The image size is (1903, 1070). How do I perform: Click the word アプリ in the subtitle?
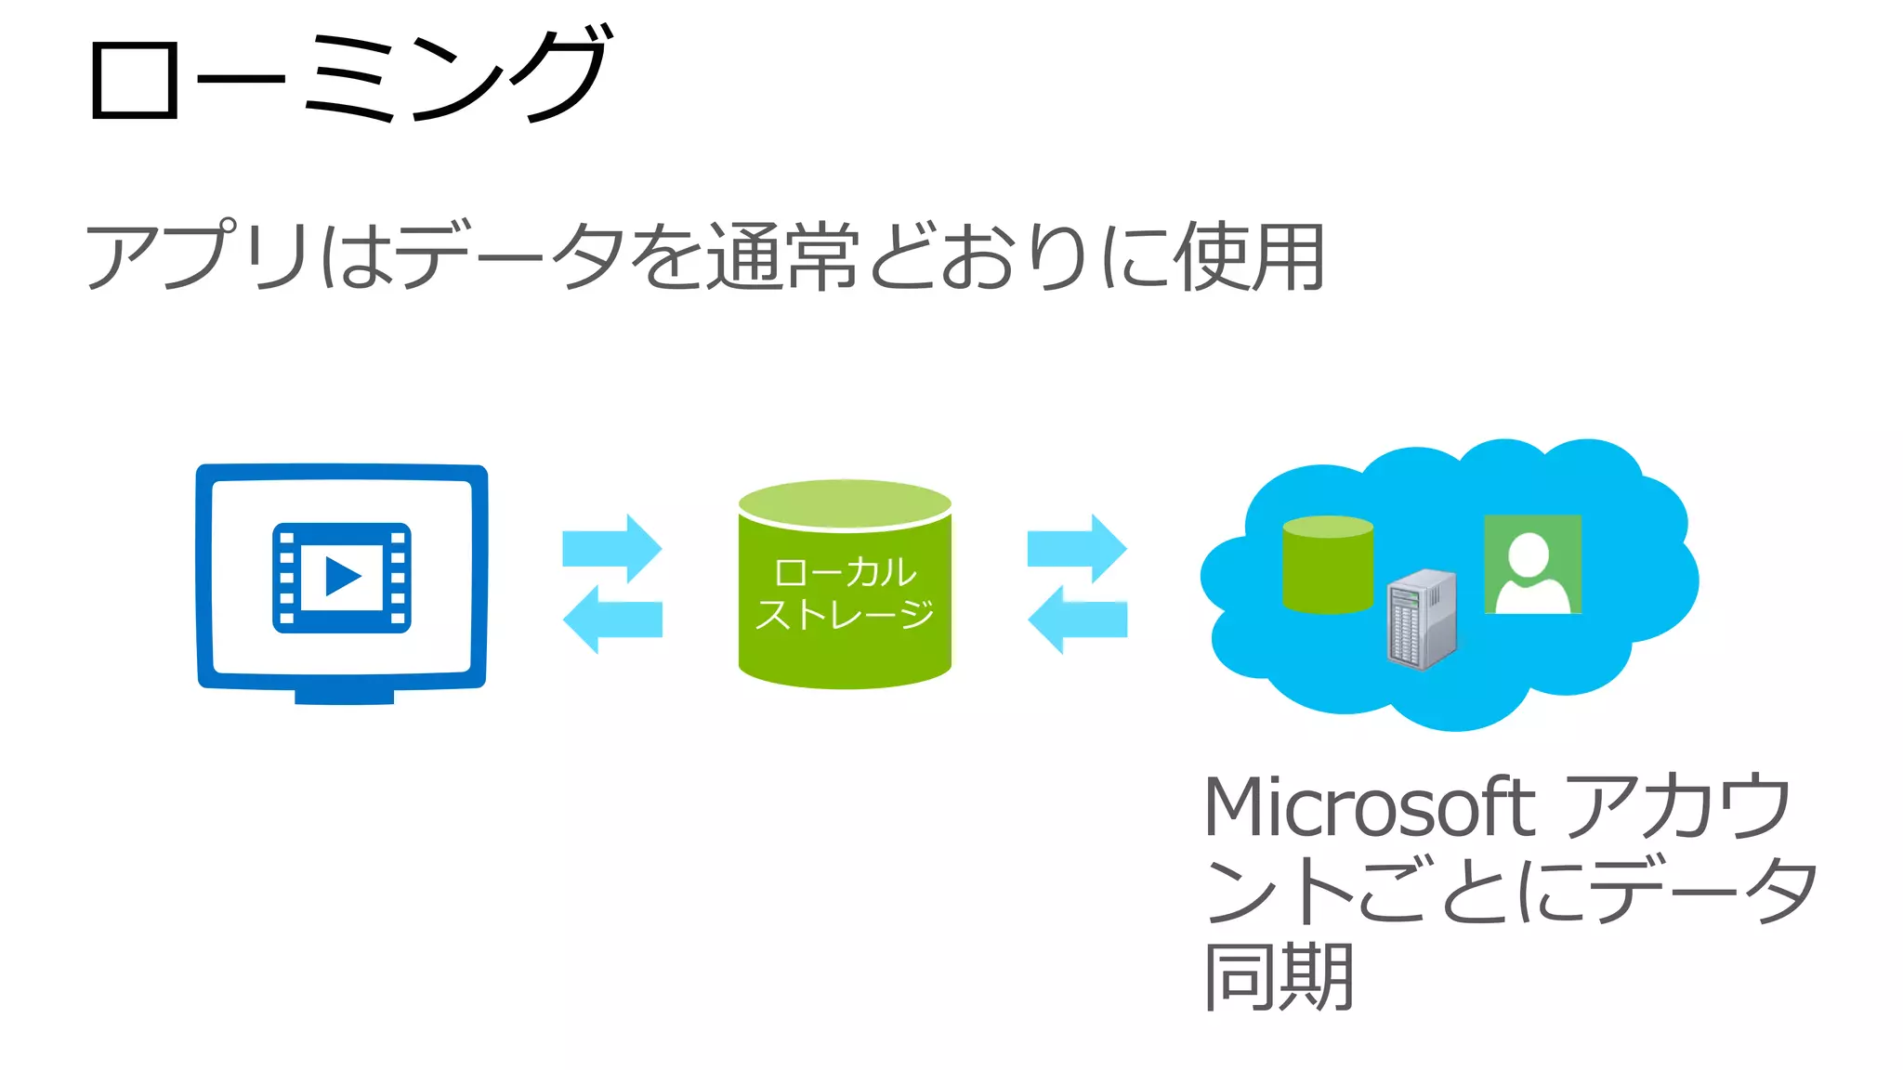[196, 255]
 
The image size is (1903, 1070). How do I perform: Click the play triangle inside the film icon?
[342, 577]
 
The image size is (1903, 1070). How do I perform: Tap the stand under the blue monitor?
[344, 696]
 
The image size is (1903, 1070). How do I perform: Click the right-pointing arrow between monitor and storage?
[612, 548]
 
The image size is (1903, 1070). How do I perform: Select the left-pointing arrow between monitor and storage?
[612, 620]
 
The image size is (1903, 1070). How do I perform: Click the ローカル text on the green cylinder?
[845, 572]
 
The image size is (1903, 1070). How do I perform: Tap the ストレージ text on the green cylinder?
[845, 614]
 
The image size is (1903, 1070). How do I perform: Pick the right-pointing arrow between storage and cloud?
[1077, 548]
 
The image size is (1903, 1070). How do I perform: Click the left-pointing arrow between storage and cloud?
[1077, 620]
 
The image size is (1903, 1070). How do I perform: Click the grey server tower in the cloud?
[1421, 619]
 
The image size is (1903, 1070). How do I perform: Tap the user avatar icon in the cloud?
[1532, 565]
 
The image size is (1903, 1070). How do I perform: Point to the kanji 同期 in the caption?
[1279, 976]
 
